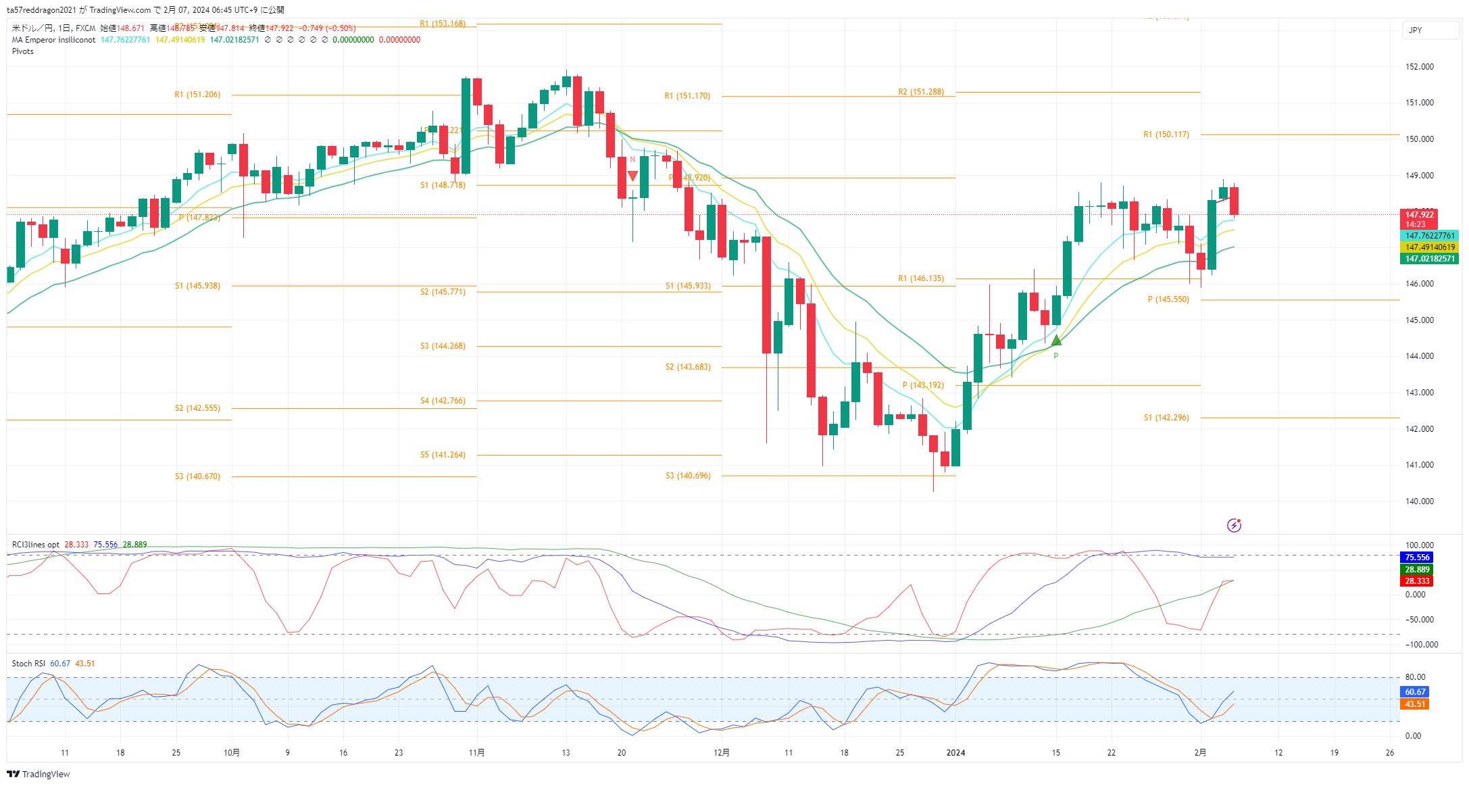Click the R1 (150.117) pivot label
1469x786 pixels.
(1166, 134)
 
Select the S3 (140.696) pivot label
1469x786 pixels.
(688, 476)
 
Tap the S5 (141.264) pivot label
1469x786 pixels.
(443, 455)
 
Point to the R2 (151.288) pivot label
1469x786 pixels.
(920, 92)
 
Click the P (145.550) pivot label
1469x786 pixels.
(1168, 299)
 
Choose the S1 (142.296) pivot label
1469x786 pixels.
(1166, 418)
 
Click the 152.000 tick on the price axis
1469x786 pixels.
(1419, 67)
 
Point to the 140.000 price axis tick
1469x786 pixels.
(1419, 501)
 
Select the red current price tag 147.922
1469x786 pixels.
(1419, 215)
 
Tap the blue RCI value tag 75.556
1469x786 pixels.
(1417, 558)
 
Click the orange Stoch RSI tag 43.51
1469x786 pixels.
(1415, 704)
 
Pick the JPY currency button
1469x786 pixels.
(1416, 30)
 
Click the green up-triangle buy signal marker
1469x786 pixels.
(1056, 341)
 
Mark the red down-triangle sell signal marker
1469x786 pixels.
(632, 176)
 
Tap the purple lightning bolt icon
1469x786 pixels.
(1234, 525)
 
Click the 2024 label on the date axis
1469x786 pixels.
(955, 752)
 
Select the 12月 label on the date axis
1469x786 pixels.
(722, 752)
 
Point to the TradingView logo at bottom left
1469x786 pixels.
(39, 774)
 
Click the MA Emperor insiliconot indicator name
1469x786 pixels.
(53, 40)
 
